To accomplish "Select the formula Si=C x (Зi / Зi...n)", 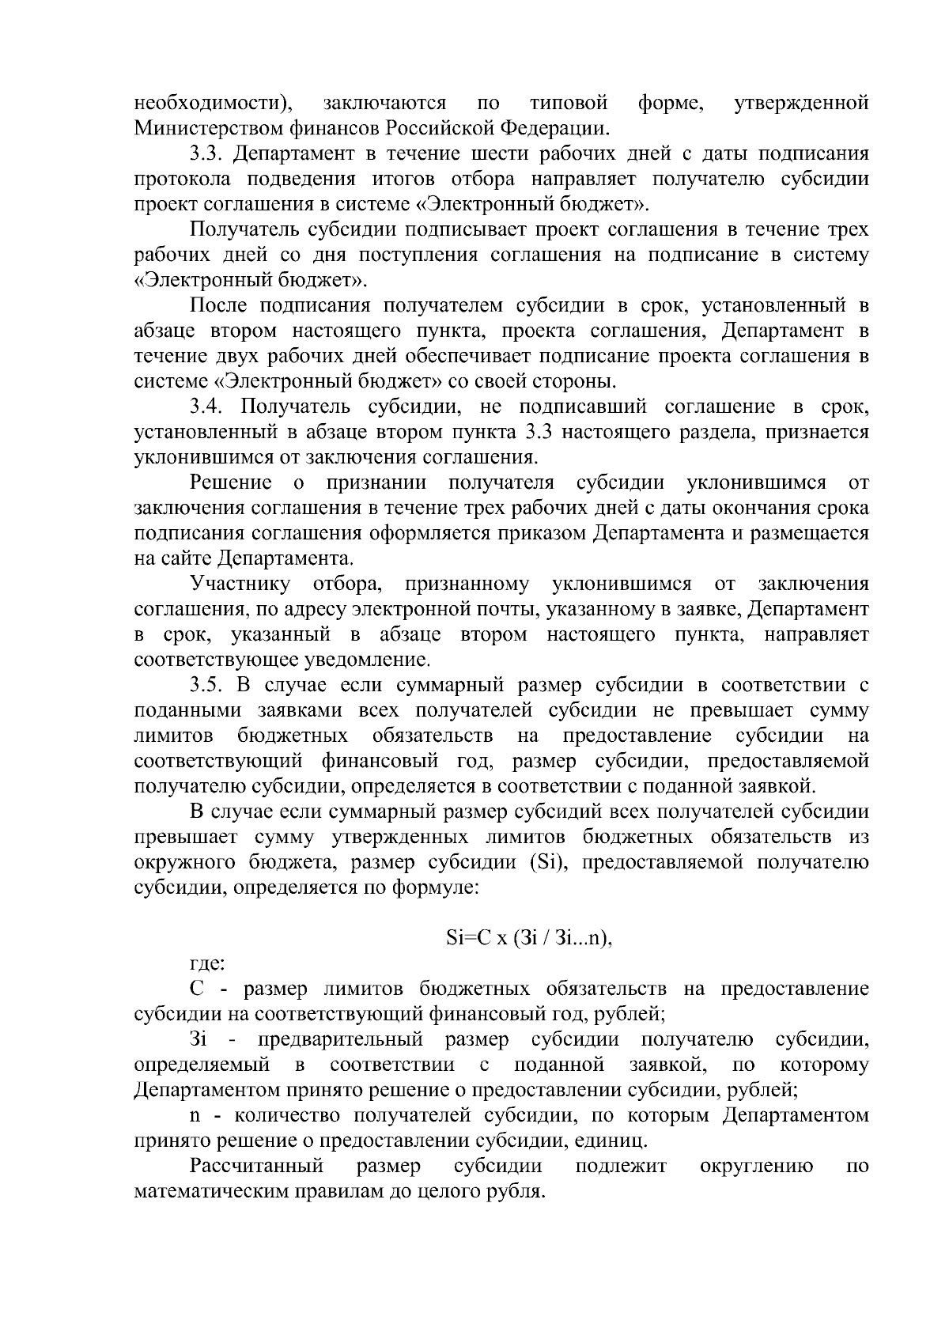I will pos(529,939).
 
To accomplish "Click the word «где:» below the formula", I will pos(207,964).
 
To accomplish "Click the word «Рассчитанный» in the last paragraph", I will pos(256,1167).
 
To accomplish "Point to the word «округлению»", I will pos(757,1167).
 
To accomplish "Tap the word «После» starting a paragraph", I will pos(219,306).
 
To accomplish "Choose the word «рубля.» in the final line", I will pos(517,1192).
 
